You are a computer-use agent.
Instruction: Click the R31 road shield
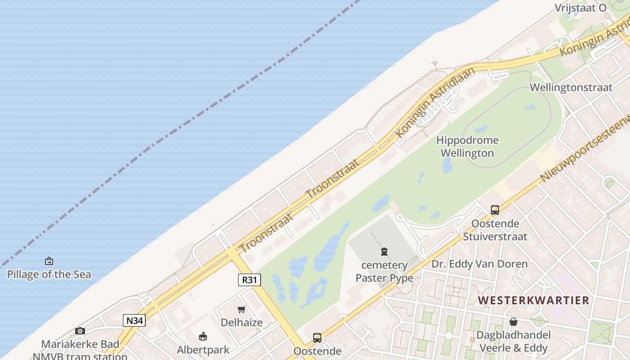[x=249, y=280]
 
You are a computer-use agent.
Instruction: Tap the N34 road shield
[x=134, y=320]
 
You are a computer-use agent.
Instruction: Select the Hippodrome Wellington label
[x=467, y=147]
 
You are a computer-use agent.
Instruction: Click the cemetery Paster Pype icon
[x=384, y=252]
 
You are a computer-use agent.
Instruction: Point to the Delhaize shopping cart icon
[x=242, y=309]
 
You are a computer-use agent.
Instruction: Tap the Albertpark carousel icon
[x=203, y=336]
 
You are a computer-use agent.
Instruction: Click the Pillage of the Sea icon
[x=49, y=261]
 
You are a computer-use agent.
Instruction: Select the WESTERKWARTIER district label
[x=533, y=300]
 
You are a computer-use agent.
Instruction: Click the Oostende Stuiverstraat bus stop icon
[x=495, y=210]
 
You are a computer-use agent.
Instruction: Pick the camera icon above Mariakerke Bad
[x=80, y=331]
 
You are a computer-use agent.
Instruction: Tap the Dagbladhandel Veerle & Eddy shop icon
[x=513, y=322]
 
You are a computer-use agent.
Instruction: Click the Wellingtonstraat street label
[x=571, y=87]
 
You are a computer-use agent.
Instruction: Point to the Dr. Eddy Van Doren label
[x=479, y=264]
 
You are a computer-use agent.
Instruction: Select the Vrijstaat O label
[x=580, y=8]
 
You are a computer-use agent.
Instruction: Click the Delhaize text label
[x=242, y=322]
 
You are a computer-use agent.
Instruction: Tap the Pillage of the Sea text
[x=49, y=274]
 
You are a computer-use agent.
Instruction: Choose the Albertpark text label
[x=203, y=350]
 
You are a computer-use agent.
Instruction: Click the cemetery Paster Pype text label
[x=384, y=271]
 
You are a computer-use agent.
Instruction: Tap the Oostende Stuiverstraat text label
[x=495, y=229]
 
